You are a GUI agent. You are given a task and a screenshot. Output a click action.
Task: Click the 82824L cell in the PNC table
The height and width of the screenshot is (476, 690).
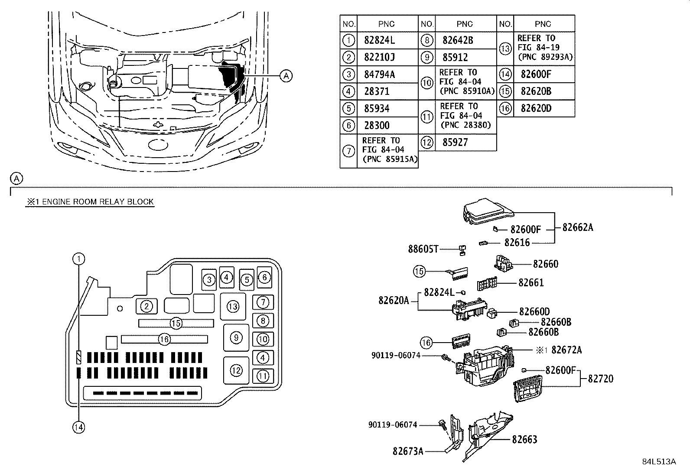(x=379, y=40)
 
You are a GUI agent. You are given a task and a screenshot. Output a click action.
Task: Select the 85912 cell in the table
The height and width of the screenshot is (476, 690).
(x=455, y=57)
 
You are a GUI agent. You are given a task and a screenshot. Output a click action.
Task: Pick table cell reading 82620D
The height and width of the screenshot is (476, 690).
(x=536, y=108)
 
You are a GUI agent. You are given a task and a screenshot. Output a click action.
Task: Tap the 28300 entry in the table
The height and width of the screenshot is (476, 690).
(x=376, y=126)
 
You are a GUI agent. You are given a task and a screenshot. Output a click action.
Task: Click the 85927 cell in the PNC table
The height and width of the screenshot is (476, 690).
(x=455, y=142)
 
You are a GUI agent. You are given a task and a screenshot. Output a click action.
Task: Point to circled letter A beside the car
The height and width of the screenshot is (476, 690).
(x=286, y=76)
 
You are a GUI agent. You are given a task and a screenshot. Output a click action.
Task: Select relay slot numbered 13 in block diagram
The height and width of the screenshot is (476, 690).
(x=233, y=307)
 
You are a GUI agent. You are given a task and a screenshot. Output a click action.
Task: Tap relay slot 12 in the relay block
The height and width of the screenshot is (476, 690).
(x=236, y=370)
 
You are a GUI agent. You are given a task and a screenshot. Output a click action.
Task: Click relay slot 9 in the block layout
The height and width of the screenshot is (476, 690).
(x=236, y=337)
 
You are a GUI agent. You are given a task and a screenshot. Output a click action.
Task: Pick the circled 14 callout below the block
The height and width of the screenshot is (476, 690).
(x=78, y=427)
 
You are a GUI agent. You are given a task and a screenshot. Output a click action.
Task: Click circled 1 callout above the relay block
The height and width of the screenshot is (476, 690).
(x=78, y=259)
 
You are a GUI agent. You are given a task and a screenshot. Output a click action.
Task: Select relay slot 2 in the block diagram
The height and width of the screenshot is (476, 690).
(x=146, y=306)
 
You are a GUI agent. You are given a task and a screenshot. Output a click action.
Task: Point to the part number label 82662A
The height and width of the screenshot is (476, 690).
(x=577, y=227)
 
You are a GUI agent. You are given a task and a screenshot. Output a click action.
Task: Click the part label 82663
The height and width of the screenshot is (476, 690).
(x=524, y=440)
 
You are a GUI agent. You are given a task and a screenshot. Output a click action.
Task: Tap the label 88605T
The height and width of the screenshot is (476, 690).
(x=423, y=249)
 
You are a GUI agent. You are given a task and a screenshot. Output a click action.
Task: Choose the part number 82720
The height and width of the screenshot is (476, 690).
(x=600, y=379)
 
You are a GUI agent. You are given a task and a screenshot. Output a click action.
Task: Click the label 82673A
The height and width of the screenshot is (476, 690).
(x=408, y=451)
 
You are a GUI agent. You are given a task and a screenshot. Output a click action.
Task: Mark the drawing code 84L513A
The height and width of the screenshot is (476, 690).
(x=659, y=461)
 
